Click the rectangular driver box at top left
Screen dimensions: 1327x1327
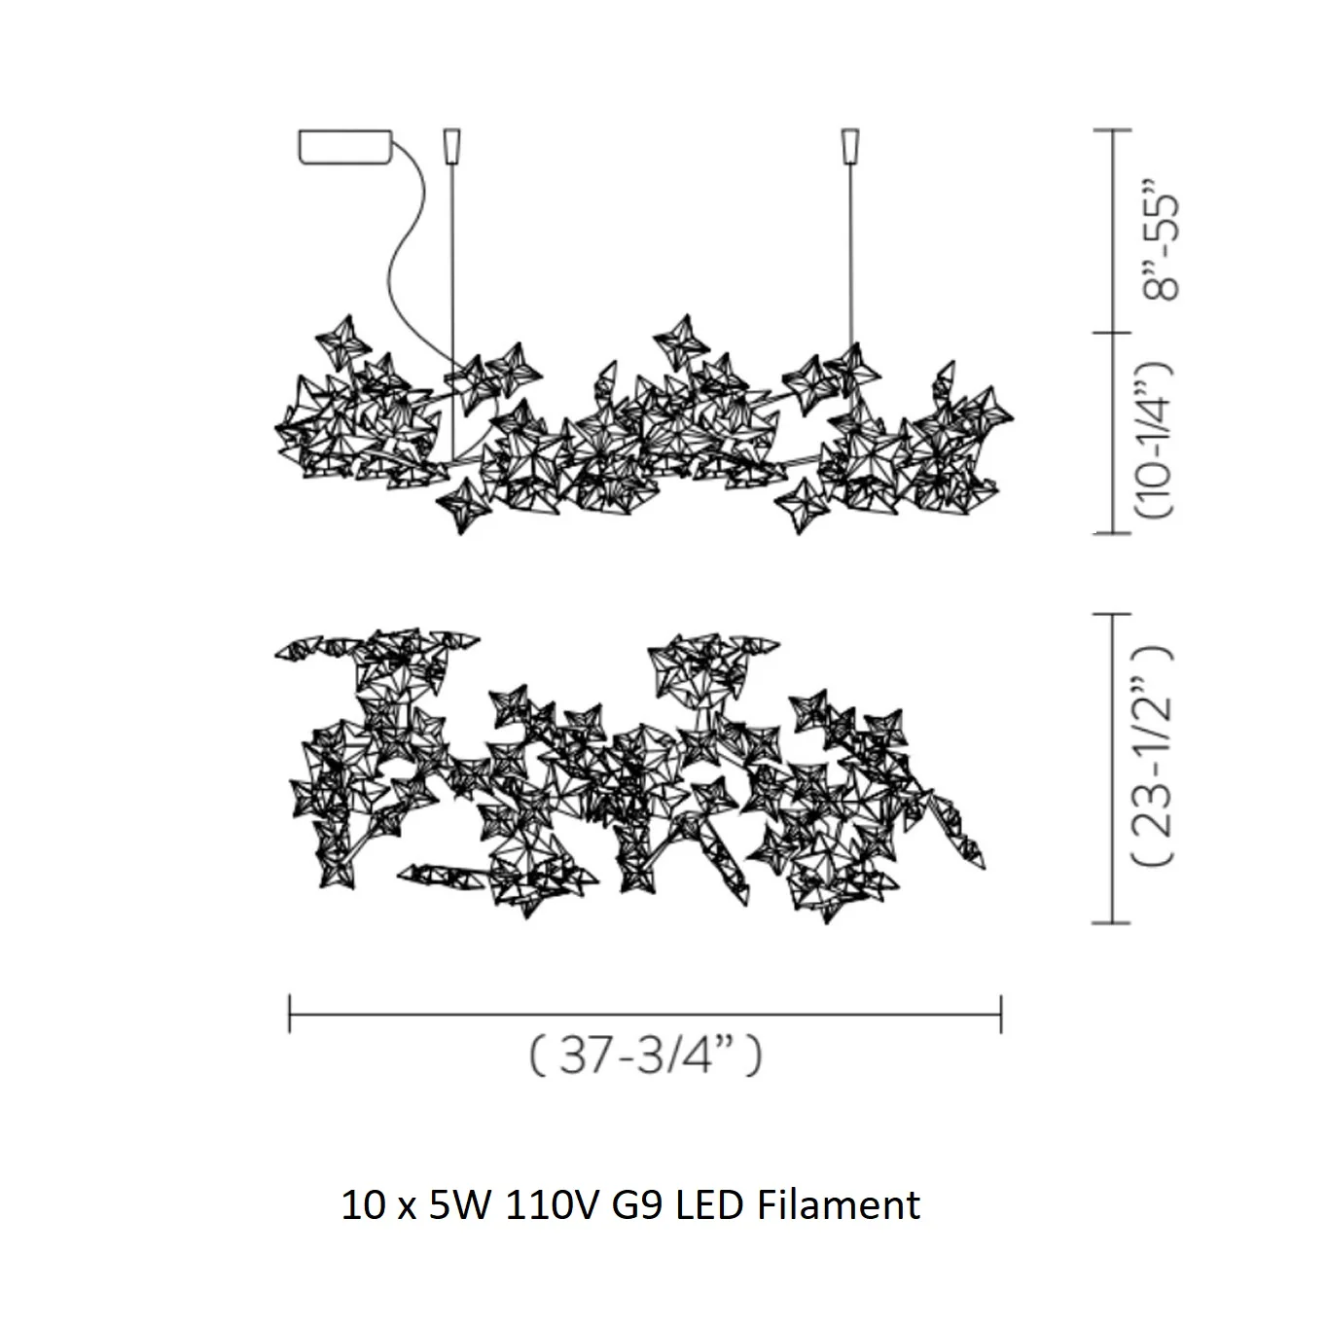click(x=345, y=147)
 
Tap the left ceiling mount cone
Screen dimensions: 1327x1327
click(x=451, y=146)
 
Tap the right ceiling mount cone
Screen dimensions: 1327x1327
click(x=850, y=146)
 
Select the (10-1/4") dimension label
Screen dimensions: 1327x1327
click(x=1154, y=440)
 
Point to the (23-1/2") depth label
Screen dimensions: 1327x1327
click(x=1153, y=756)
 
